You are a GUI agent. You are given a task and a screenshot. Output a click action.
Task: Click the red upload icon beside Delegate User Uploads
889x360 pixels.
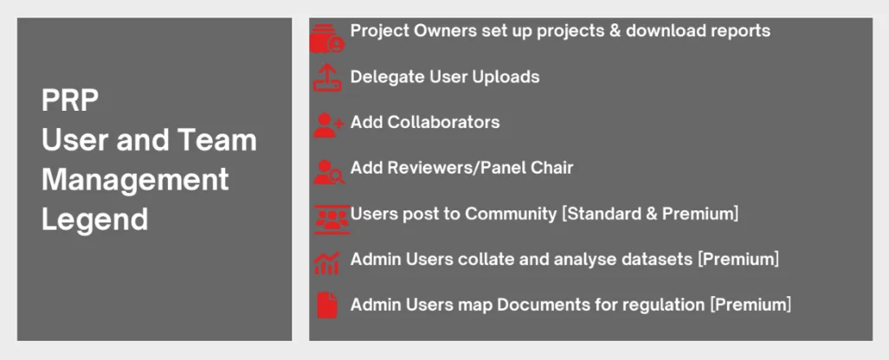327,78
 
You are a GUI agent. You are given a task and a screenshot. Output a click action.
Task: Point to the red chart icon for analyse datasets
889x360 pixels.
326,263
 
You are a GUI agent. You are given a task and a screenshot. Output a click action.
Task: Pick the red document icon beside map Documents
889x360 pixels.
327,305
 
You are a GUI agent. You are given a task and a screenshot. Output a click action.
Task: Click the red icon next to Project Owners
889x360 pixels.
327,38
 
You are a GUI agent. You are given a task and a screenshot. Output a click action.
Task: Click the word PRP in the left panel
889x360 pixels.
70,100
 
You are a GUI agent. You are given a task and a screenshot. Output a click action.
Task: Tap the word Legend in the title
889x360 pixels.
94,218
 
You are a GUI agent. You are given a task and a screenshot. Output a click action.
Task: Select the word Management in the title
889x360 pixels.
135,179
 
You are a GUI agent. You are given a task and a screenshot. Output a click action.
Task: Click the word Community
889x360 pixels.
511,215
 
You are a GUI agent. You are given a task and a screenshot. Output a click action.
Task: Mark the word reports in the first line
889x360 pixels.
741,31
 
